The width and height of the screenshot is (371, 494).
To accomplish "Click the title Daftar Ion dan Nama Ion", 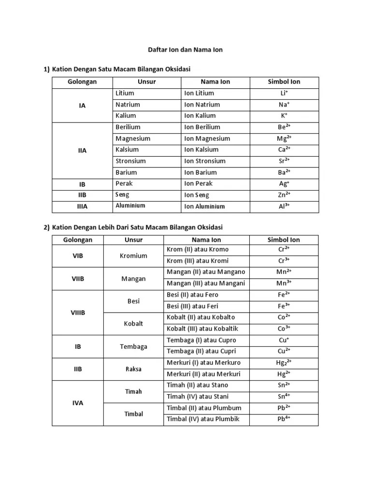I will click(185, 50).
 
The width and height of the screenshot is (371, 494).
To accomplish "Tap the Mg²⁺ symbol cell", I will click(284, 138).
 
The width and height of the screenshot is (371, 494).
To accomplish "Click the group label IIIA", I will click(82, 206).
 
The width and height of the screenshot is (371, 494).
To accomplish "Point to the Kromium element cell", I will click(133, 256).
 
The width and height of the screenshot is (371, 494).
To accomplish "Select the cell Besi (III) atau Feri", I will click(192, 306).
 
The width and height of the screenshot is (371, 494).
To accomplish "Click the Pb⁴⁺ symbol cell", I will click(284, 419).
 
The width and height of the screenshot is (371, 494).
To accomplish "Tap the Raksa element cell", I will click(133, 369).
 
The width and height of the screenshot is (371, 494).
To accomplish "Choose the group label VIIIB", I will click(78, 313).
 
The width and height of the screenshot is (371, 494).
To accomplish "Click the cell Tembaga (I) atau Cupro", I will click(201, 340).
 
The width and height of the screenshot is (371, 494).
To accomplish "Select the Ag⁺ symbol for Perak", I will click(284, 184).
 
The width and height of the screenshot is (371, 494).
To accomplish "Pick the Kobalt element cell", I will click(133, 324).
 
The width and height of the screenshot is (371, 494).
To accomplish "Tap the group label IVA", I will click(78, 403).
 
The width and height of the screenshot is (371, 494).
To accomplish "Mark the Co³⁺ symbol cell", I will click(284, 329).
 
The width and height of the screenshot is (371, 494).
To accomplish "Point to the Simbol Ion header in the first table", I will click(284, 82).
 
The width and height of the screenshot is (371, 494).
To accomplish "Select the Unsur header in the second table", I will click(133, 240).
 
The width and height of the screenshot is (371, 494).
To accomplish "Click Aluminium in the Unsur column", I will click(130, 206).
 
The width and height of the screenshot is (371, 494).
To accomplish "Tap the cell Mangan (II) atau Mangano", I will click(206, 272).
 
